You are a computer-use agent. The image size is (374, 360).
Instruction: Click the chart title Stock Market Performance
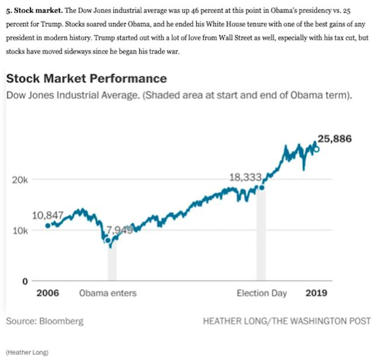[86, 79]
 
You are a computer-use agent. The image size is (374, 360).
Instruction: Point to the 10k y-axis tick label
[20, 230]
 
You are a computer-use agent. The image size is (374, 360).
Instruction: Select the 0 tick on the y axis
[25, 281]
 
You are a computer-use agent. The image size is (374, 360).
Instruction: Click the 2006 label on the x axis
[48, 293]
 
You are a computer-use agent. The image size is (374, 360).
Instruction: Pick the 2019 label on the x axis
[316, 293]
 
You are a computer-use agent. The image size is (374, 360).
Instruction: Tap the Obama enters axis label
[108, 293]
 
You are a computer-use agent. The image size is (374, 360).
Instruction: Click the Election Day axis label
[262, 293]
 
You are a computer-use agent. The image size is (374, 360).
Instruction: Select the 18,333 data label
[245, 177]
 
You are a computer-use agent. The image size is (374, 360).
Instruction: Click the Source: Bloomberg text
[45, 321]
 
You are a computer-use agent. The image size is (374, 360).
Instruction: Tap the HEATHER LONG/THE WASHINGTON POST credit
[286, 321]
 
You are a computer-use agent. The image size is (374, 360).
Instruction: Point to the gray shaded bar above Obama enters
[112, 263]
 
